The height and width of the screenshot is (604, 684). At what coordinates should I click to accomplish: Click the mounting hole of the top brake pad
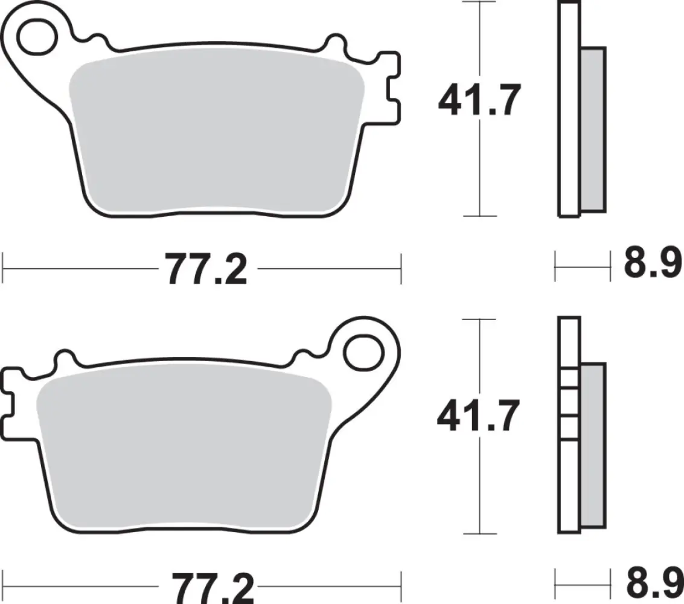tap(35, 36)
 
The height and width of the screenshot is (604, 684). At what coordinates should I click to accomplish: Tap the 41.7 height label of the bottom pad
tap(478, 417)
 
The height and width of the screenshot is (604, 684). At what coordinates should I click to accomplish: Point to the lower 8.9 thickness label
tap(653, 583)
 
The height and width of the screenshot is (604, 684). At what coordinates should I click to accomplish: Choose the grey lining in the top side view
tap(592, 129)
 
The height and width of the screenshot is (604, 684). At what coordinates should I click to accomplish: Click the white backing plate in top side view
tap(568, 109)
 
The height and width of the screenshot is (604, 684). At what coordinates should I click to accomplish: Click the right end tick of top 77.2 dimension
tap(400, 268)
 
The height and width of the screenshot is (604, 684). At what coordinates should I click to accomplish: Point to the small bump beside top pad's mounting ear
tap(94, 39)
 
